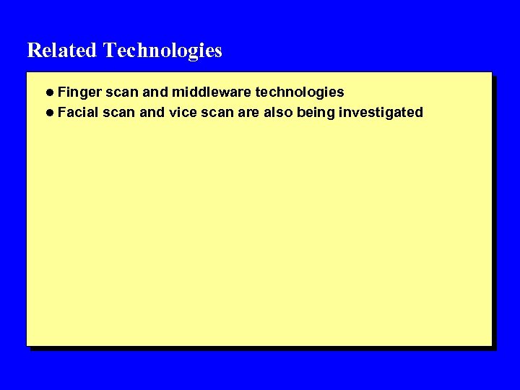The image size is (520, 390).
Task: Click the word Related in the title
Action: pos(61,51)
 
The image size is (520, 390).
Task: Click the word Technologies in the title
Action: pos(162,51)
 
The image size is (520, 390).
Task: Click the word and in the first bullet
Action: pos(156,92)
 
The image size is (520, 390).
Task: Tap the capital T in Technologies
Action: pos(109,51)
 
